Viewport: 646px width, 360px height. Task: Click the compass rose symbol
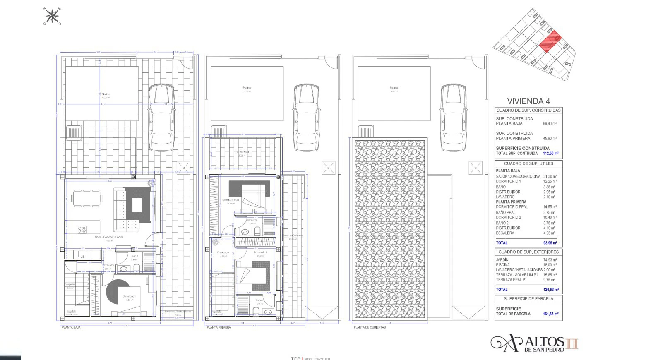click(x=52, y=16)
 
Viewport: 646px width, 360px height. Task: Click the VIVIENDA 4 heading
click(x=528, y=101)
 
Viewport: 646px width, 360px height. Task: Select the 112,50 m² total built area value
click(x=550, y=154)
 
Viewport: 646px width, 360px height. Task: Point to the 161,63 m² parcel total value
click(x=550, y=314)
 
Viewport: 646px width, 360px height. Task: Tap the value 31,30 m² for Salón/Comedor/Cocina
click(x=550, y=176)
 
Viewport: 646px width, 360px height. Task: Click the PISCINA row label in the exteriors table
click(x=503, y=265)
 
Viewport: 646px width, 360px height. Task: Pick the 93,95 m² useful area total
click(x=550, y=243)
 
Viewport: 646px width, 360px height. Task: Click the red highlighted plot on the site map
click(x=550, y=42)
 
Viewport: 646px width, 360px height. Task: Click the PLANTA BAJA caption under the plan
click(x=71, y=327)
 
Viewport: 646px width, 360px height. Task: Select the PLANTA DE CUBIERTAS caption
click(x=370, y=327)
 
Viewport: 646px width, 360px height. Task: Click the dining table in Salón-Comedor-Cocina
click(x=86, y=198)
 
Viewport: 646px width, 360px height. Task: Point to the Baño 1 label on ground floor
click(x=134, y=256)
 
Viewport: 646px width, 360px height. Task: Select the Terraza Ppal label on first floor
click(x=242, y=152)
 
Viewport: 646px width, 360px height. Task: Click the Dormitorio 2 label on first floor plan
click(x=260, y=252)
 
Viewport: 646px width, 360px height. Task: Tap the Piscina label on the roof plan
click(x=394, y=88)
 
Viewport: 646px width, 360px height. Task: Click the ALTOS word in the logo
click(x=545, y=342)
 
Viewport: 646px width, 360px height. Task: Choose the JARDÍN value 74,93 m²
click(x=550, y=260)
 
